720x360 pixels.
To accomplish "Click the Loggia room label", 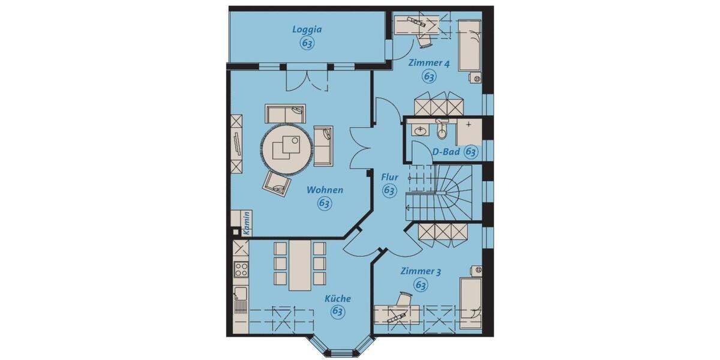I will pos(307,29).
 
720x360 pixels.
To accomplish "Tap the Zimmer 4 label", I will pos(428,62).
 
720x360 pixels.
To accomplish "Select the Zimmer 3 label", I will pos(421,272).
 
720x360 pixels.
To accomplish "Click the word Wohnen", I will pos(325,190).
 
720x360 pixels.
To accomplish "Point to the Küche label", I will pos(338,298).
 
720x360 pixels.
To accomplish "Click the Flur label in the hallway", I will pos(389,177).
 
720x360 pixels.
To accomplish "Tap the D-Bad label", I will pos(446,152).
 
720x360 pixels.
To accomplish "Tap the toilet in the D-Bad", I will pos(442,129).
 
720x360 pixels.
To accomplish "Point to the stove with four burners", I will pos(241,269).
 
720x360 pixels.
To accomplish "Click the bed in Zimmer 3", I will pos(470,302).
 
